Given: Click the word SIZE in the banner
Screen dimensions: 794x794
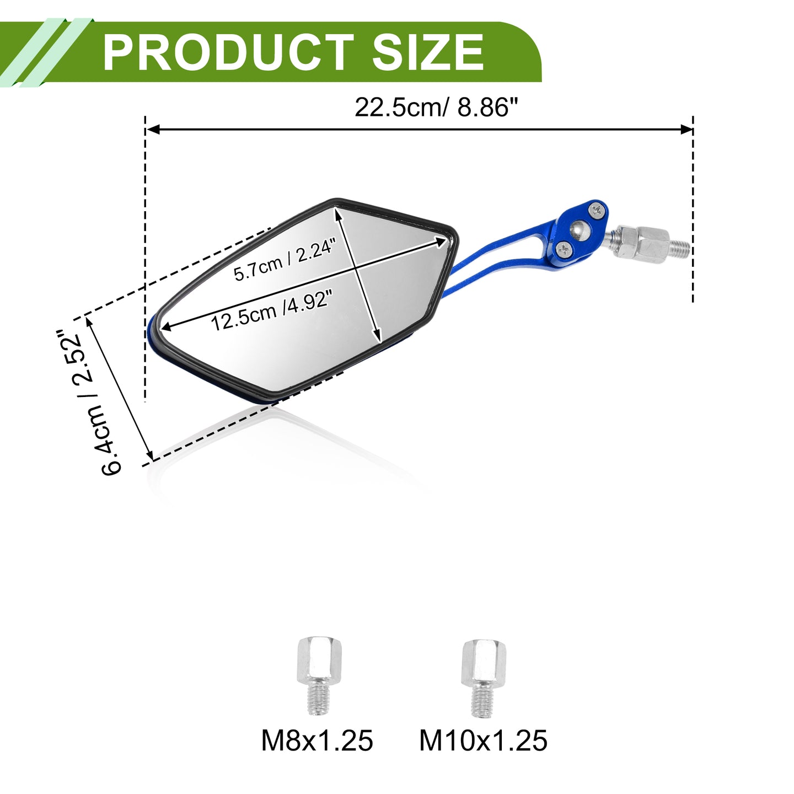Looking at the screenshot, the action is (428, 52).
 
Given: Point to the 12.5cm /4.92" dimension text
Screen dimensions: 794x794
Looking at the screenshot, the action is (271, 310).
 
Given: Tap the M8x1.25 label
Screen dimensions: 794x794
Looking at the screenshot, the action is (317, 741).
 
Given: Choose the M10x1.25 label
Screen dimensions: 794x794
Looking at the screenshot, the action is (484, 741).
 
